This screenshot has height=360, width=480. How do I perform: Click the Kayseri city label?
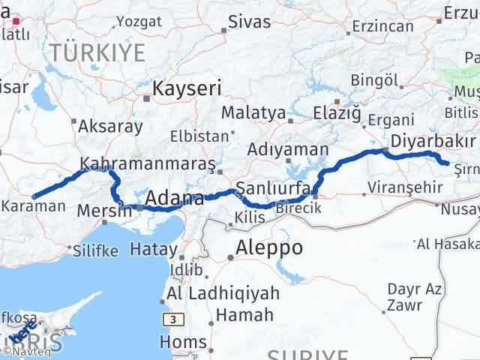[x=187, y=89]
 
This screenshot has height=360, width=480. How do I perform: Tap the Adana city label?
[x=175, y=199]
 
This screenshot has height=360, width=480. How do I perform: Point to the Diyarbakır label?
[x=433, y=142]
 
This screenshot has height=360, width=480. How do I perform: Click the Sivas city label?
[x=250, y=21]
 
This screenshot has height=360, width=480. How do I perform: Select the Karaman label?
[x=33, y=205]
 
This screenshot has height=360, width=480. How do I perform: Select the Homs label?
[x=183, y=342]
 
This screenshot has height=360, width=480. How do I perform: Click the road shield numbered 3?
[x=174, y=319]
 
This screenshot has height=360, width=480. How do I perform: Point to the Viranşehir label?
[x=405, y=187]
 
